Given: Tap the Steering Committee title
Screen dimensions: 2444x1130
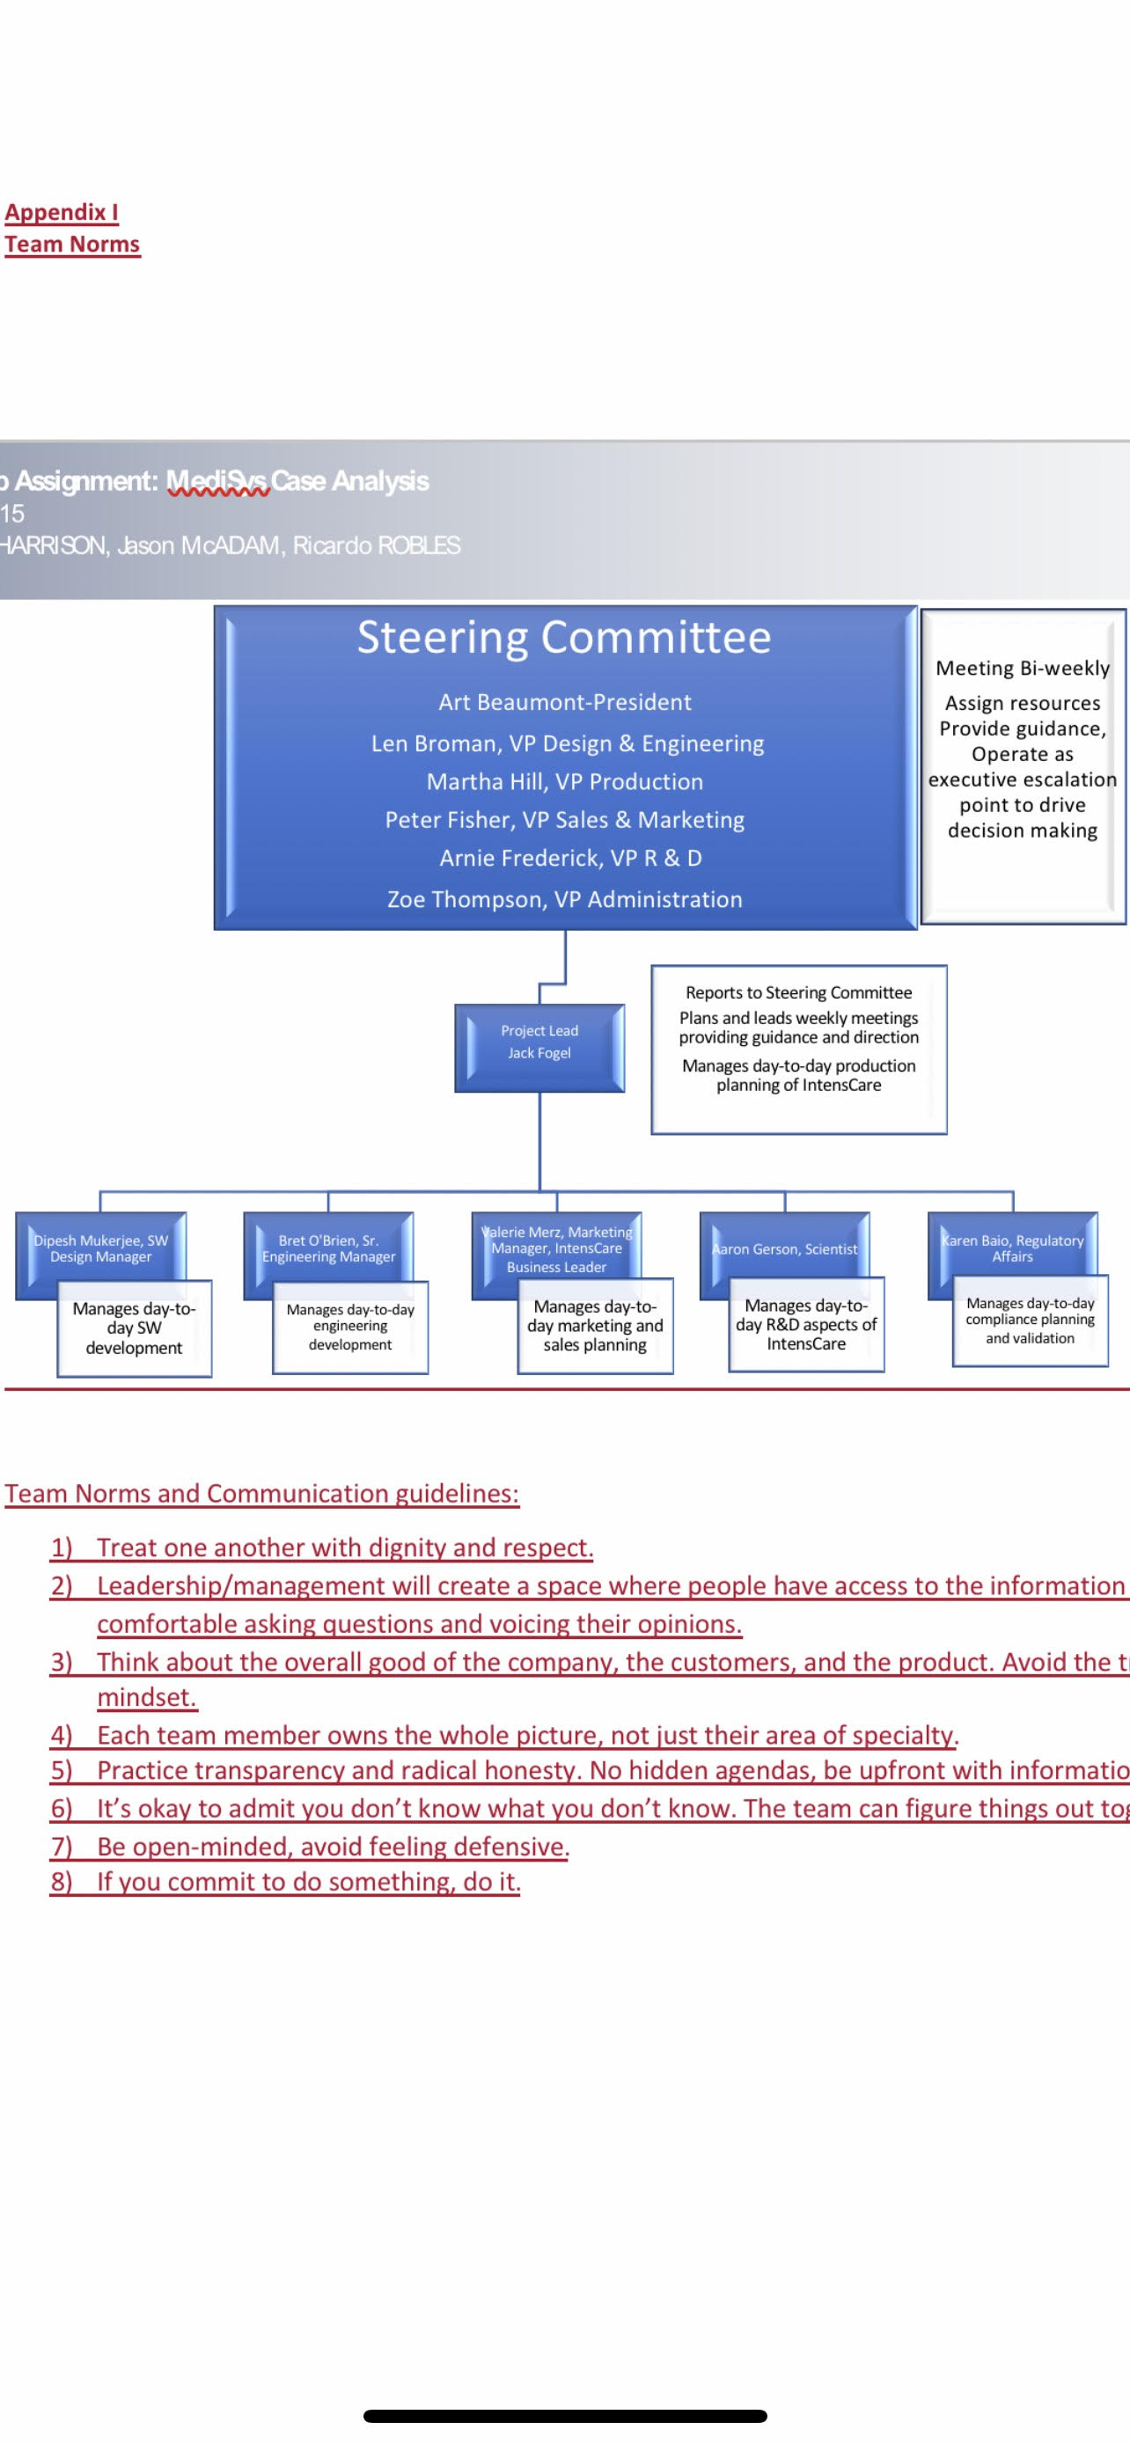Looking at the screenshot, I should tap(563, 637).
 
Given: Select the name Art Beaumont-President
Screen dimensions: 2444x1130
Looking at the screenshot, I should tap(564, 702).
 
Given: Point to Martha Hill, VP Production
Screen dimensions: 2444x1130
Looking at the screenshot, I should tap(564, 782).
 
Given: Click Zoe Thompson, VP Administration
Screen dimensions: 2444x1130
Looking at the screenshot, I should tap(564, 899).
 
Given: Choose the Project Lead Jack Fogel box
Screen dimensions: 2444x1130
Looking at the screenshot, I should tap(539, 1043).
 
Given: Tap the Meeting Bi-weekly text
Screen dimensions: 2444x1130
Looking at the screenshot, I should tap(1022, 668).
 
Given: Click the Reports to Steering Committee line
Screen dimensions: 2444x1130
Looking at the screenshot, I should tap(798, 992).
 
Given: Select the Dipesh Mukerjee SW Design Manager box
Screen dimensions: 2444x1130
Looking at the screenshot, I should tap(100, 1248).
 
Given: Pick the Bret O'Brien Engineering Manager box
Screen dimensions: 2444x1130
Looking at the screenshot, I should tap(328, 1248).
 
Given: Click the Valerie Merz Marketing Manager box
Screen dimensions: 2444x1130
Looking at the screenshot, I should tap(556, 1248).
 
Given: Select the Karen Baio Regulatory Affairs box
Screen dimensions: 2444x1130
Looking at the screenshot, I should tap(1012, 1248).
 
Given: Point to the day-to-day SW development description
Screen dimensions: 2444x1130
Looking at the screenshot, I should tap(134, 1328).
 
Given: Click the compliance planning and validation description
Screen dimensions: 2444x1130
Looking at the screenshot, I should tap(1030, 1320).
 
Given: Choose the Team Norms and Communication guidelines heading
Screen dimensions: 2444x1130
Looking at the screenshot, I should tap(262, 1493).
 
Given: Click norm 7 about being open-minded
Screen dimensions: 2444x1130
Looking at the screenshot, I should tap(332, 1847).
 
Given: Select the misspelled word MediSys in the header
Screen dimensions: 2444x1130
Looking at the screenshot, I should tap(218, 481).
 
